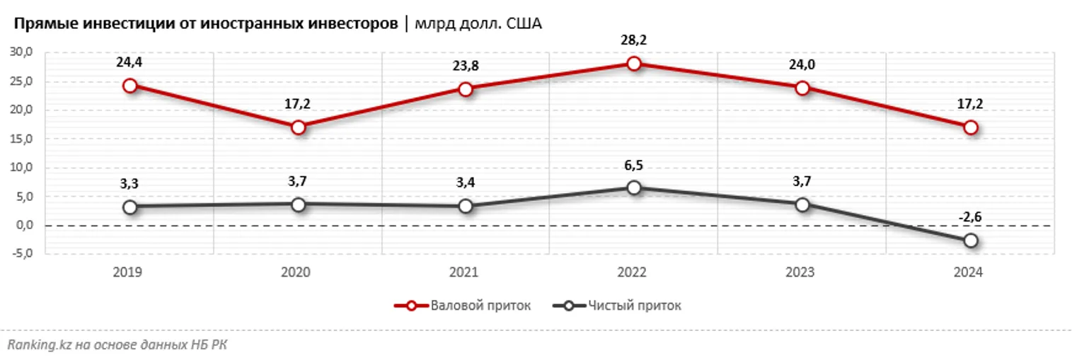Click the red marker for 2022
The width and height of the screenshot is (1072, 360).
[x=634, y=64]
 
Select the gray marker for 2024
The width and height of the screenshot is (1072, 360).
[x=971, y=240]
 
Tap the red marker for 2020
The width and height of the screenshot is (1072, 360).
[x=298, y=127]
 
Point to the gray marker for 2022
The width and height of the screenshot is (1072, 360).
[x=634, y=187]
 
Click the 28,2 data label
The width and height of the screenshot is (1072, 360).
[x=634, y=40]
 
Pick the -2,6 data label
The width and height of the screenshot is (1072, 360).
[x=971, y=217]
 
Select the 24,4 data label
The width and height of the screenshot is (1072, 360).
[x=129, y=62]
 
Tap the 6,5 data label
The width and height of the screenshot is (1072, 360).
[x=634, y=165]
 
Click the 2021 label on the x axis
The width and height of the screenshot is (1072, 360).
[x=466, y=272]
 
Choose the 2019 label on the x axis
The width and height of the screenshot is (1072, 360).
[x=129, y=272]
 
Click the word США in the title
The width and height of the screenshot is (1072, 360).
[x=524, y=25]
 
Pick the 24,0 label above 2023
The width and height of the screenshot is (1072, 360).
[x=802, y=65]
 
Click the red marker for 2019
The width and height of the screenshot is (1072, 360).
[x=129, y=86]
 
